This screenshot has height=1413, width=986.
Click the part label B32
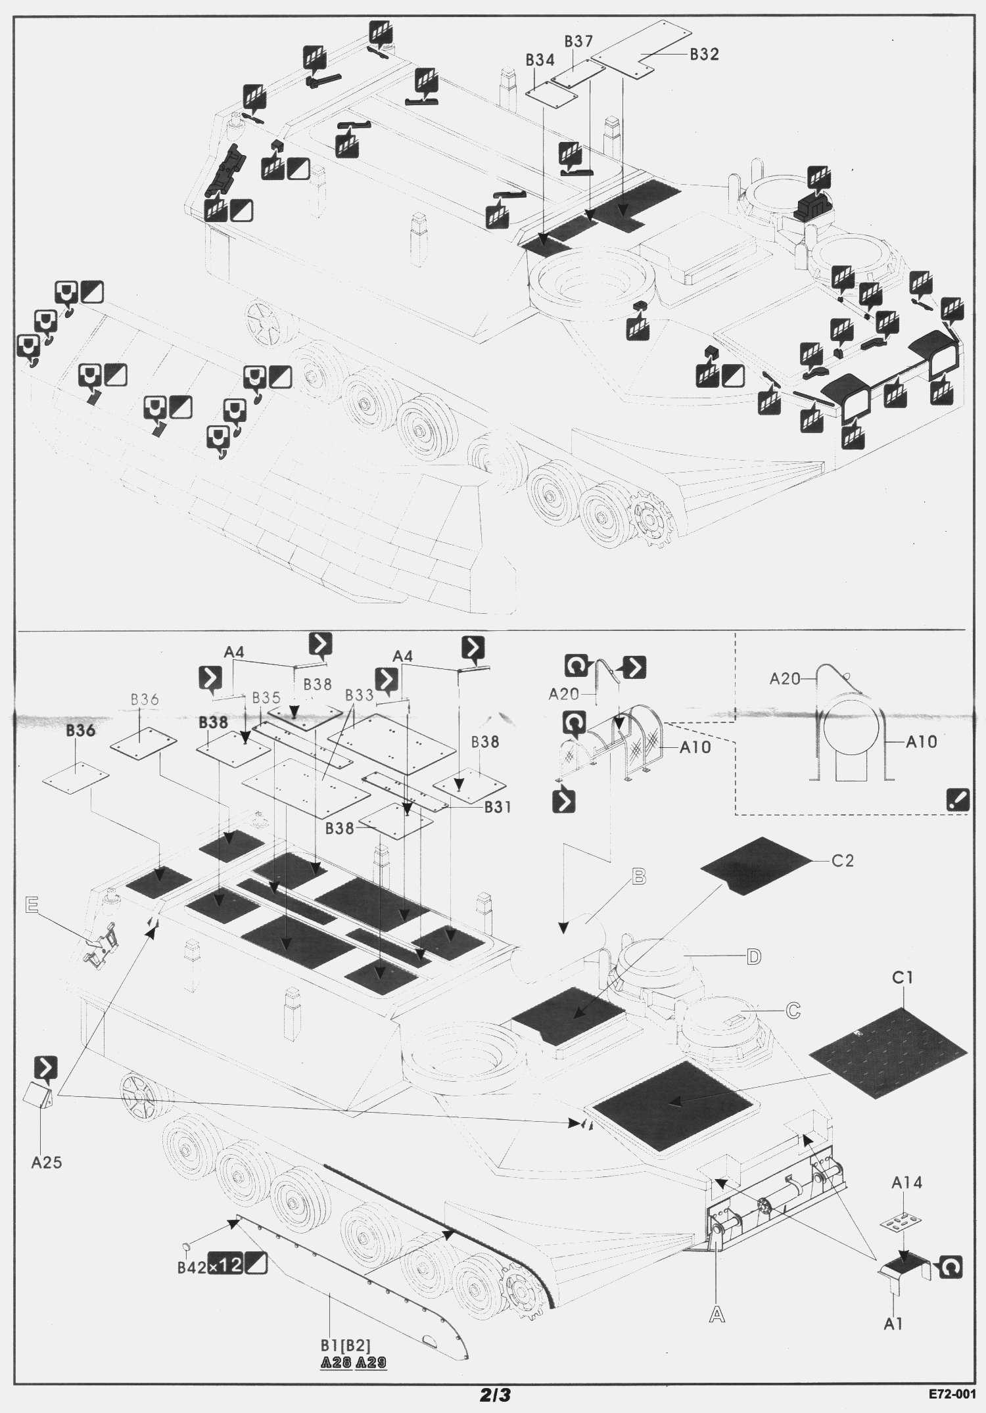click(704, 55)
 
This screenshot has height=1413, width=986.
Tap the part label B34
click(540, 60)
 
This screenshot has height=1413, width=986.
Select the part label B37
click(578, 41)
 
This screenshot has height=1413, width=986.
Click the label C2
click(842, 860)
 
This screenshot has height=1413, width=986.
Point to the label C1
click(903, 978)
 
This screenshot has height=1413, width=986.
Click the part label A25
click(47, 1163)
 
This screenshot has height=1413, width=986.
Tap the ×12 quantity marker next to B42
click(225, 1266)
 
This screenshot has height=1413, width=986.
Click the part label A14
click(906, 1183)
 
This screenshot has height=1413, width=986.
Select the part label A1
click(893, 1324)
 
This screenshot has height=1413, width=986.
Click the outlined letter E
click(31, 906)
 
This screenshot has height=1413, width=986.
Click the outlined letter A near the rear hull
click(717, 1314)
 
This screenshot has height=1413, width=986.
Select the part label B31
click(498, 806)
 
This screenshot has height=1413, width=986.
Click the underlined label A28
click(336, 1363)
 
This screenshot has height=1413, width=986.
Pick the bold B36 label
click(80, 731)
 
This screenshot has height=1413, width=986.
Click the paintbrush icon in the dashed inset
click(956, 800)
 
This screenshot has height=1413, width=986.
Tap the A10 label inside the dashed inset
click(922, 742)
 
